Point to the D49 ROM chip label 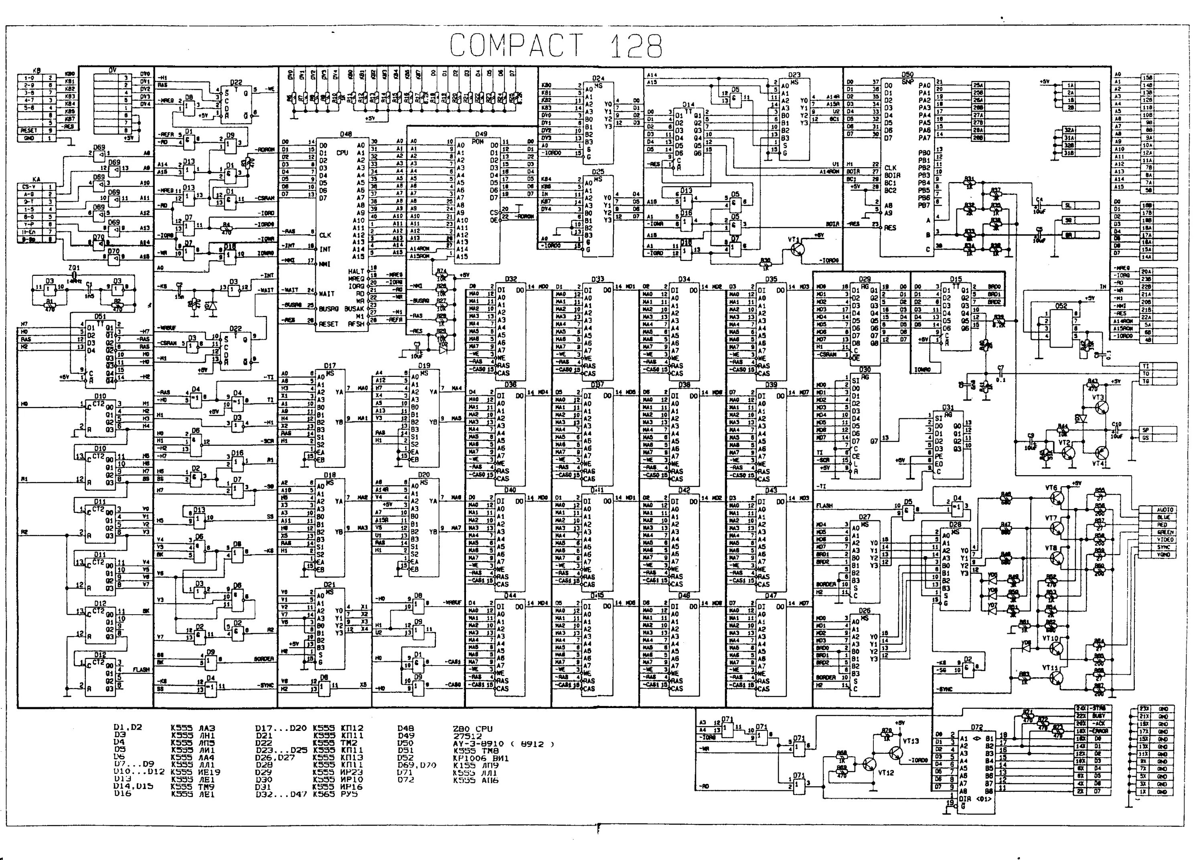click(481, 134)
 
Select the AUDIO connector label click(1165, 510)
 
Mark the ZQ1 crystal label click(74, 268)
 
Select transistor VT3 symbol click(1100, 407)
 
